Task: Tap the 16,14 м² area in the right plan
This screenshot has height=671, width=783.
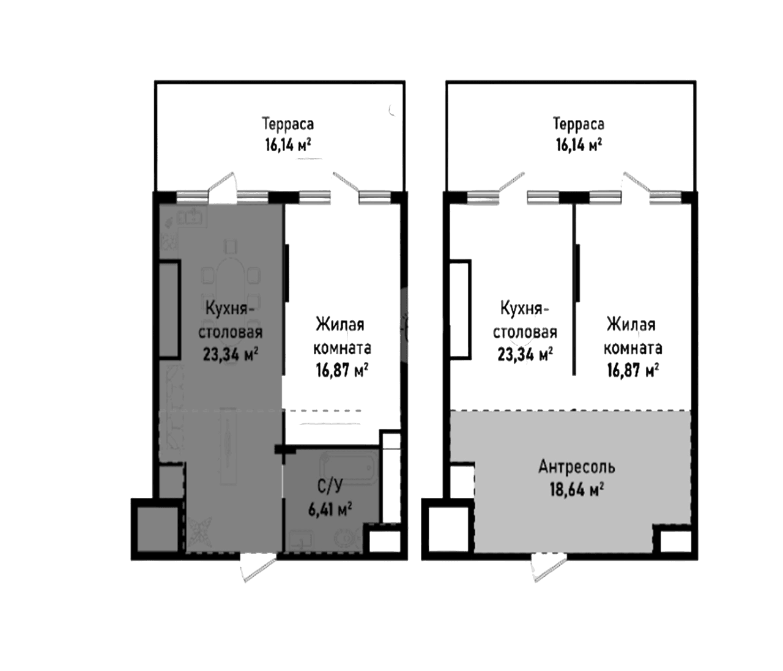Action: tap(578, 145)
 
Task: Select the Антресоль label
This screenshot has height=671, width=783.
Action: tap(577, 467)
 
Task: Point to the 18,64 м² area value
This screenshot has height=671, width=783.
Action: tap(577, 489)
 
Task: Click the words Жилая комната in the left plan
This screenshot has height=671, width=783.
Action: tap(342, 336)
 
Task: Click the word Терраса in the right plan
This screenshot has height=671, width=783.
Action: tap(579, 125)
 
